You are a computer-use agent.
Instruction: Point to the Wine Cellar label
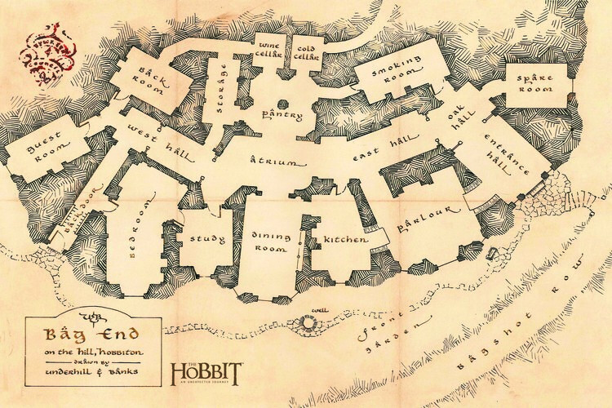click(270, 49)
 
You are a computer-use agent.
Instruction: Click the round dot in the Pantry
click(283, 104)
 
